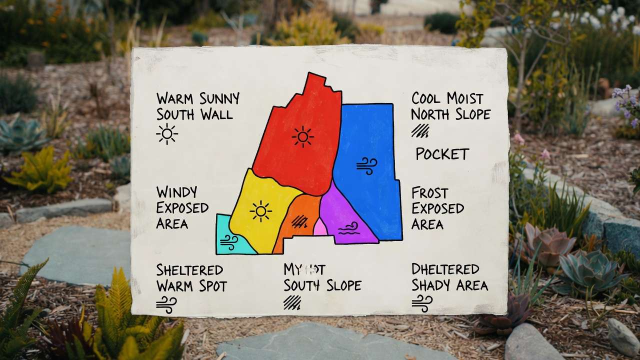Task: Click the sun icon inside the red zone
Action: pyautogui.click(x=302, y=136)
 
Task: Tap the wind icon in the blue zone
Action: pyautogui.click(x=366, y=165)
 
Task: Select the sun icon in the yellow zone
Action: pyautogui.click(x=260, y=211)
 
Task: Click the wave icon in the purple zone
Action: pyautogui.click(x=348, y=228)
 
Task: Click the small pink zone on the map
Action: pyautogui.click(x=320, y=228)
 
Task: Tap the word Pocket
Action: pyautogui.click(x=442, y=154)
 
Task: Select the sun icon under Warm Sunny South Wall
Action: pyautogui.click(x=166, y=134)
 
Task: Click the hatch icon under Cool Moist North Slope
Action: pyautogui.click(x=420, y=130)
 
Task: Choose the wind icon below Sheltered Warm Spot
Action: pyautogui.click(x=166, y=304)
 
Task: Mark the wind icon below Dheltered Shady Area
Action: pyautogui.click(x=422, y=302)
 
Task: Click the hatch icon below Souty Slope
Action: pyautogui.click(x=292, y=302)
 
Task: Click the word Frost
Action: pyautogui.click(x=429, y=193)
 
